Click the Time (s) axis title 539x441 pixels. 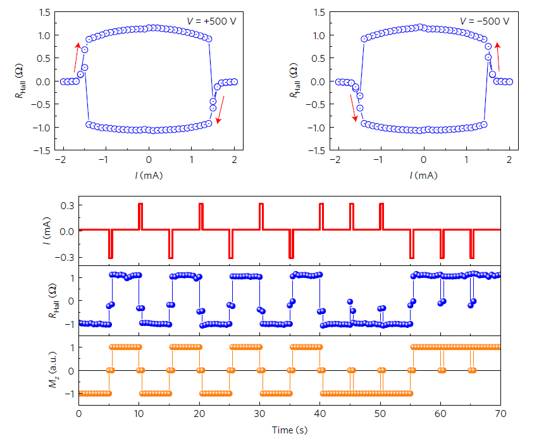point(289,430)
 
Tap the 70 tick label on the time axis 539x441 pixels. point(500,414)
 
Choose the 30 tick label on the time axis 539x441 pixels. point(259,414)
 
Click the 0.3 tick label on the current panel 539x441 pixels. point(68,205)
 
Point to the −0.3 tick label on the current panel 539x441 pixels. point(66,257)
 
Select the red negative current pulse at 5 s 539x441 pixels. point(110,244)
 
